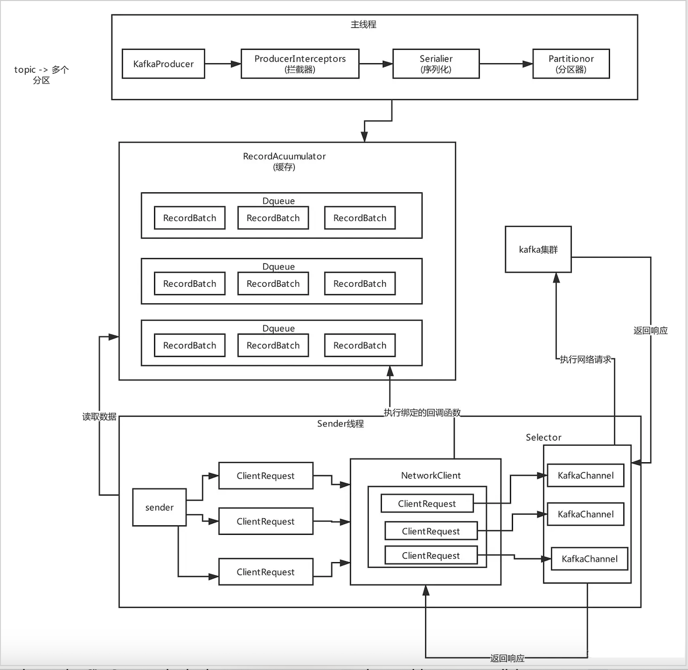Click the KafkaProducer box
(163, 64)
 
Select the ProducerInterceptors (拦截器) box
(300, 64)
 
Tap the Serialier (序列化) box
(436, 64)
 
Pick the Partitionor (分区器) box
(571, 64)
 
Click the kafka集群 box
(538, 250)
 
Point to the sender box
(159, 507)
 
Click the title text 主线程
(363, 24)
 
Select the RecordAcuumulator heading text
(284, 157)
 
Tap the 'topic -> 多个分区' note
(41, 75)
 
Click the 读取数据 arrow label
(99, 417)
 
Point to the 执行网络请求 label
(585, 359)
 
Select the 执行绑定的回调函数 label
(422, 413)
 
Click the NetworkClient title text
(430, 476)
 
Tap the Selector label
(543, 437)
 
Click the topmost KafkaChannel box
(585, 476)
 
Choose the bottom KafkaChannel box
(589, 559)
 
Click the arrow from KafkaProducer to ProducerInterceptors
(223, 64)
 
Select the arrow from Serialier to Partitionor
(506, 64)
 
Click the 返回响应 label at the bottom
(507, 658)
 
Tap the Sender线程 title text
(341, 424)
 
